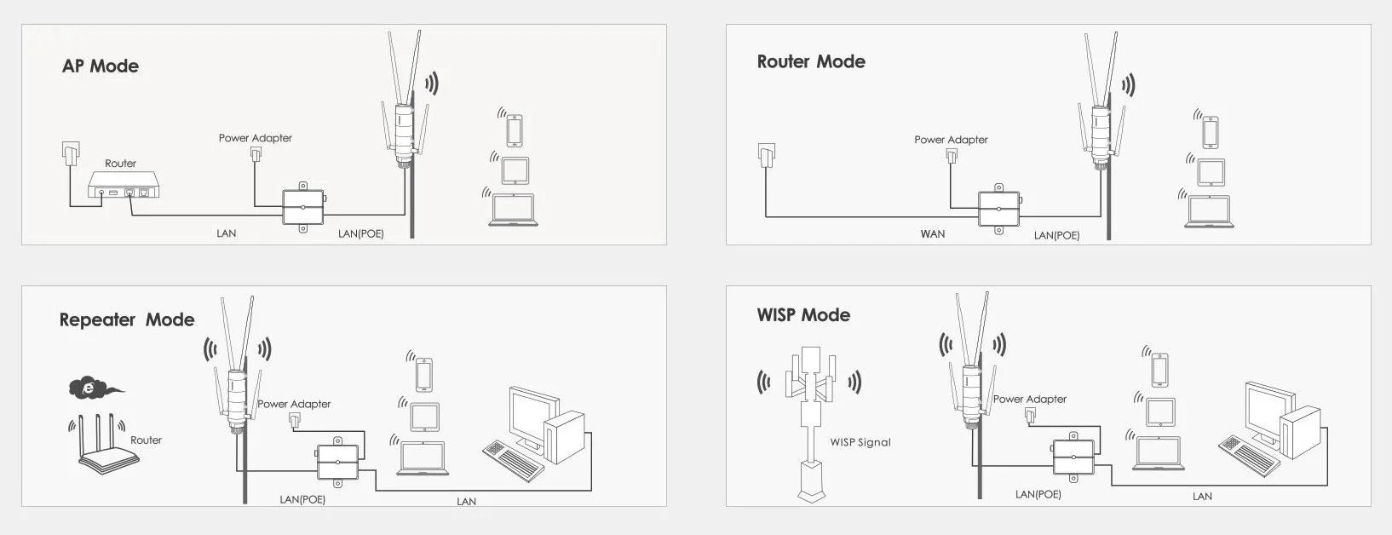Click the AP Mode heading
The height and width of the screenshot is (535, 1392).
click(101, 66)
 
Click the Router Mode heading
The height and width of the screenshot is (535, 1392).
click(811, 62)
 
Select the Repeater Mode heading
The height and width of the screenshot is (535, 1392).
click(127, 320)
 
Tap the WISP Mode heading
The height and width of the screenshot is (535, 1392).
click(803, 315)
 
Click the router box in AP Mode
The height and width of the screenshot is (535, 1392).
click(124, 185)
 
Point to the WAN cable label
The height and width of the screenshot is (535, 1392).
click(932, 234)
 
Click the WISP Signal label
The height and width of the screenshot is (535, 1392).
click(860, 443)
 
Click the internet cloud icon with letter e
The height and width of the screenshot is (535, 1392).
click(90, 388)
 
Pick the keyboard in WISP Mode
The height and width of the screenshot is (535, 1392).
click(1248, 455)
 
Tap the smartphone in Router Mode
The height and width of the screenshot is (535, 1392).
click(1210, 133)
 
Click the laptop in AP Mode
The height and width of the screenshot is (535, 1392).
click(513, 210)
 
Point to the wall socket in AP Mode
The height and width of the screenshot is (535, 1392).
click(70, 152)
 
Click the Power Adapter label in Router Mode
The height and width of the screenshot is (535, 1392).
click(951, 140)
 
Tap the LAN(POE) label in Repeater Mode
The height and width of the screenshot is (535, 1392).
click(302, 500)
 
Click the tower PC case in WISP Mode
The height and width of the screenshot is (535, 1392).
click(1302, 433)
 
